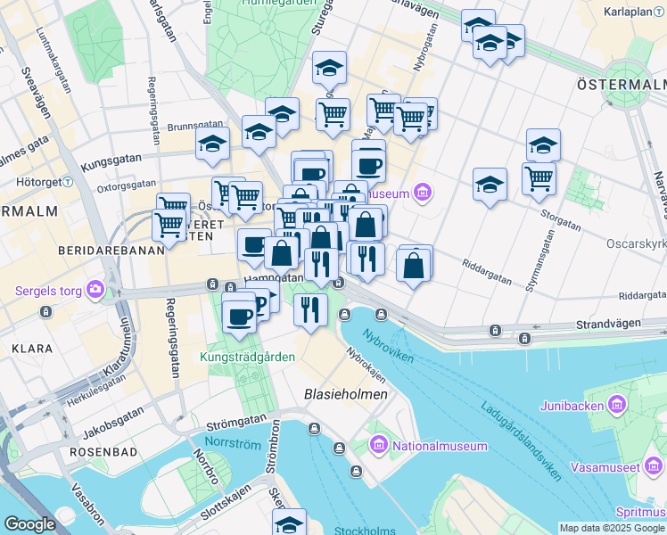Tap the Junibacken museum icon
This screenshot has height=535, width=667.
[x=616, y=405]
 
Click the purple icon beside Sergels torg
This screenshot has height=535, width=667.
[x=95, y=291]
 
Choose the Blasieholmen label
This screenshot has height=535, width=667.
[x=345, y=393]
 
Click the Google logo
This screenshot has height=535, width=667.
[x=29, y=524]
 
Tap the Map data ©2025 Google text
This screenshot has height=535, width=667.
[x=612, y=528]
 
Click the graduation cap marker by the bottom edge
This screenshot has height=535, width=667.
[x=289, y=523]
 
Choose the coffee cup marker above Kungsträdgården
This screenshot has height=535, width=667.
[x=239, y=316]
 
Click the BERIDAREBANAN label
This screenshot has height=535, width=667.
[x=111, y=251]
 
